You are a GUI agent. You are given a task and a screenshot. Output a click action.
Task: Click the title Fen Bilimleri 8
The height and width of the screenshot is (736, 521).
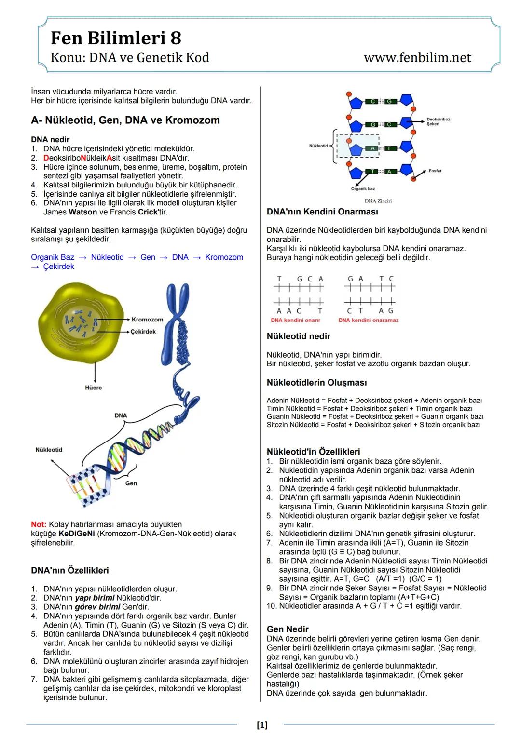point(116,38)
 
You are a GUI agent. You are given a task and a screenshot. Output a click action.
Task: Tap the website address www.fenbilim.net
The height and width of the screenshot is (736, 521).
point(417,57)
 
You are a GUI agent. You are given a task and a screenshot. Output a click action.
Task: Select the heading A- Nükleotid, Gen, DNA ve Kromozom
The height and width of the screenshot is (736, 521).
point(125,120)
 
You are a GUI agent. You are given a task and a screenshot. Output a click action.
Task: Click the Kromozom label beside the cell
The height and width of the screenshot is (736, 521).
point(147,320)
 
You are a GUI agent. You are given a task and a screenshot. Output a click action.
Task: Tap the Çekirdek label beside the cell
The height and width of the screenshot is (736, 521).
point(143,332)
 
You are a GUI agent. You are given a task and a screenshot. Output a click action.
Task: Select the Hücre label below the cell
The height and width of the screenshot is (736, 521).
point(94,388)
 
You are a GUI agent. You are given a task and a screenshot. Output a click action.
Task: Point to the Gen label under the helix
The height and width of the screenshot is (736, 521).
point(131,483)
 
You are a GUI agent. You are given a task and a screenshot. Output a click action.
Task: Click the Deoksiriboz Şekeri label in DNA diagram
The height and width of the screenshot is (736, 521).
point(439,121)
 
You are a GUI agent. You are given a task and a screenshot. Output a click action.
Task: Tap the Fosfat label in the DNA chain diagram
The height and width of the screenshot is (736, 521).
point(435,171)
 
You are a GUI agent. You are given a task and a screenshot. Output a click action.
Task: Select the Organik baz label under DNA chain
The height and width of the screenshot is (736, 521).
point(363,189)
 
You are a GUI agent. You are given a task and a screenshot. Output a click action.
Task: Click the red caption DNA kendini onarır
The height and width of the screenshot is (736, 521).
point(295,320)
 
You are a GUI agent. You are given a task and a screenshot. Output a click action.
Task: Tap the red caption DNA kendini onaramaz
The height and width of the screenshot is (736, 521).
point(369,320)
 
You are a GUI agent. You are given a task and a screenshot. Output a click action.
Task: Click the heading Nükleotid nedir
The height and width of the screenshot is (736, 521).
point(299,336)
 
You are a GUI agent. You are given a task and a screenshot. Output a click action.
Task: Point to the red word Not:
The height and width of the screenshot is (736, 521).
point(39,524)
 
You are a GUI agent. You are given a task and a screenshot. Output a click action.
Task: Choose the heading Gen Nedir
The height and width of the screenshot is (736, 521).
point(288,629)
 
